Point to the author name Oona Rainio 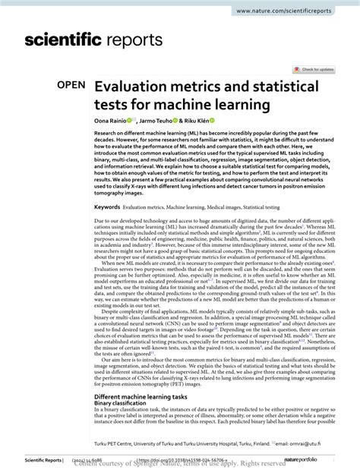tap(111, 121)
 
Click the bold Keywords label tap(107, 207)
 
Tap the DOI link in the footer tap(182, 459)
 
